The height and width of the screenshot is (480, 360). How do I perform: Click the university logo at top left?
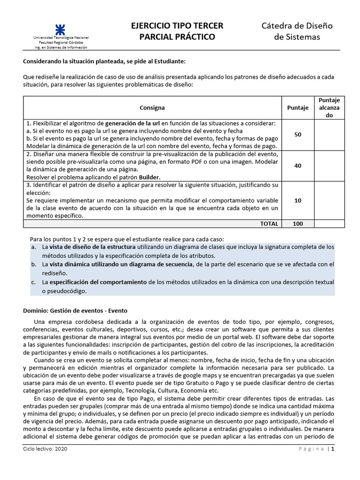60,27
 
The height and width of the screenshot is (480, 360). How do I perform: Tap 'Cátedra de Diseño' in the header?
297,26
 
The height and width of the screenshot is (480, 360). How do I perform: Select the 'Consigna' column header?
152,108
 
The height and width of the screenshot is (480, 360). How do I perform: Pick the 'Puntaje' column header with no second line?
298,108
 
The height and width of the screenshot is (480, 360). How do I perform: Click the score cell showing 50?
298,135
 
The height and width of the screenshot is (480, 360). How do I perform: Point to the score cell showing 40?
298,165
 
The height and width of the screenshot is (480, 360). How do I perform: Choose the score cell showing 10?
298,200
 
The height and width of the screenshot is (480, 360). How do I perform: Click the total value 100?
298,224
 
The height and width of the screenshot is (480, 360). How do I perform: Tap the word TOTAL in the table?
269,224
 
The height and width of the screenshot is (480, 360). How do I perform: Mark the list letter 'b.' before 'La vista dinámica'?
33,264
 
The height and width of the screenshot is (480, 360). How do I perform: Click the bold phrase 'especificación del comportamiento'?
98,282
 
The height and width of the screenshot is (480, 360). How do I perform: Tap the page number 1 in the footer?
333,449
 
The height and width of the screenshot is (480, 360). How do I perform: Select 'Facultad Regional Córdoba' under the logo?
60,42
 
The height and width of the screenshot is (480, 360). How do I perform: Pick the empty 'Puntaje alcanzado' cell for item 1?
329,135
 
